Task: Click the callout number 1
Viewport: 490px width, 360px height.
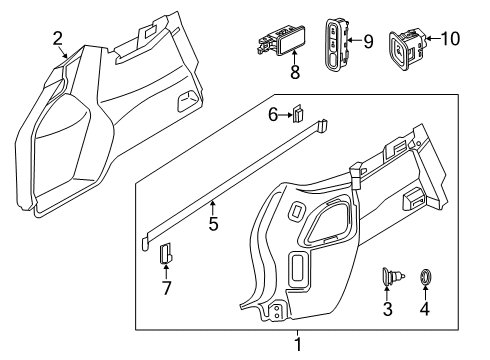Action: (298, 344)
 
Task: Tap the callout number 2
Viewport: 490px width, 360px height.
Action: (58, 39)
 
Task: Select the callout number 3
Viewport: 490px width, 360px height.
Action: (387, 309)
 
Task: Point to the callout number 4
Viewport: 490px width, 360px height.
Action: (424, 309)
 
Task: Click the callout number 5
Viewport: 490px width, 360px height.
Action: (213, 223)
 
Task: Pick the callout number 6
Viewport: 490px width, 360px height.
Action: (273, 115)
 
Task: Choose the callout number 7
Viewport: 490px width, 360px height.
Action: (166, 288)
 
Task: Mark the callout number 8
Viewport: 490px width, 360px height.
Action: (295, 72)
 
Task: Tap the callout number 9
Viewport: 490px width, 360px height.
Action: (368, 42)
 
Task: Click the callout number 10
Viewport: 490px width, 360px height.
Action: (450, 39)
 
